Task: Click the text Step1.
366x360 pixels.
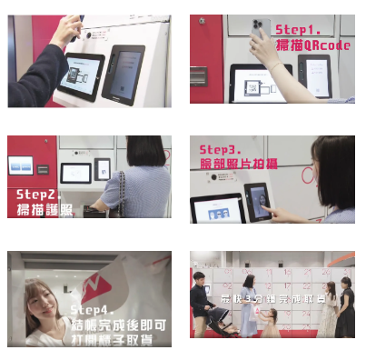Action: (299, 29)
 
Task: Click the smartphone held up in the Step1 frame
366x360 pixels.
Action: (262, 27)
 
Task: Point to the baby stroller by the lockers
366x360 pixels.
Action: (222, 322)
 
